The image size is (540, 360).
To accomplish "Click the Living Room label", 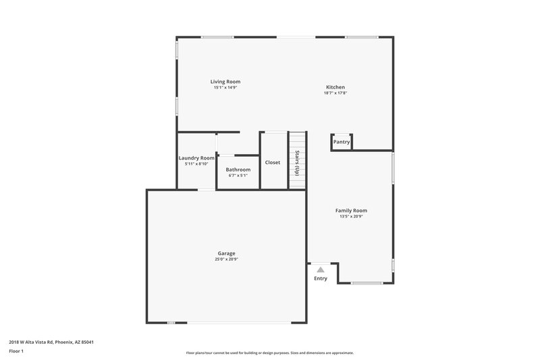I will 225,82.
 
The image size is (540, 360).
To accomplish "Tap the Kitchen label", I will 335,87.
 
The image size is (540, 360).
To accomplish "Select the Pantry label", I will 342,142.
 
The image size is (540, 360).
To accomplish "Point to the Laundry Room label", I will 196,158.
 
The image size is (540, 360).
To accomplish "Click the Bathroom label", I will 238,170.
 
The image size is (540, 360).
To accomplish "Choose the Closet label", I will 273,162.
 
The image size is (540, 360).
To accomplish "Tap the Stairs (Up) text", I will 296,162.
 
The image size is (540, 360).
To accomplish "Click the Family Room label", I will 351,211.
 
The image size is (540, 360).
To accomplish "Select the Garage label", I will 226,253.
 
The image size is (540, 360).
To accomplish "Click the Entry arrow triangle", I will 321,269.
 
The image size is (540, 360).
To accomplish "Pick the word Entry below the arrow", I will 321,278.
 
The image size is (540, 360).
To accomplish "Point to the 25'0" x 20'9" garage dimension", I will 226,259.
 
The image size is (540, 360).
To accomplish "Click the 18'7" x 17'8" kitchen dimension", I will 335,93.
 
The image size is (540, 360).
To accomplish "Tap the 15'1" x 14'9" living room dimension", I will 225,88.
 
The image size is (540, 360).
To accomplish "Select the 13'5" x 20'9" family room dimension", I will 351,217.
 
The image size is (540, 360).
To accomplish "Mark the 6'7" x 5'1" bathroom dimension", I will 238,176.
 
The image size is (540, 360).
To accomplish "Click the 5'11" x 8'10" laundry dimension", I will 196,164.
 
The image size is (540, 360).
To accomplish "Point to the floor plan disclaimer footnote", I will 270,353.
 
